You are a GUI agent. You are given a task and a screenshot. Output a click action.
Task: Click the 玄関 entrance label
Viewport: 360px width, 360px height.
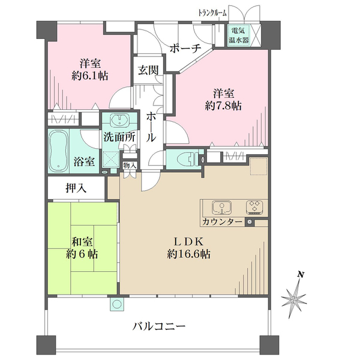(x=148, y=70)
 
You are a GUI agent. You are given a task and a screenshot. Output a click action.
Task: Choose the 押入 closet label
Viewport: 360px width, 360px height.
(x=76, y=188)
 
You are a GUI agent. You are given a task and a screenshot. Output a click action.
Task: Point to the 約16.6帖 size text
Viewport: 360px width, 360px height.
(x=189, y=254)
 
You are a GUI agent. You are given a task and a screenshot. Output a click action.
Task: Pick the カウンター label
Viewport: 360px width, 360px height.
(x=223, y=223)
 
